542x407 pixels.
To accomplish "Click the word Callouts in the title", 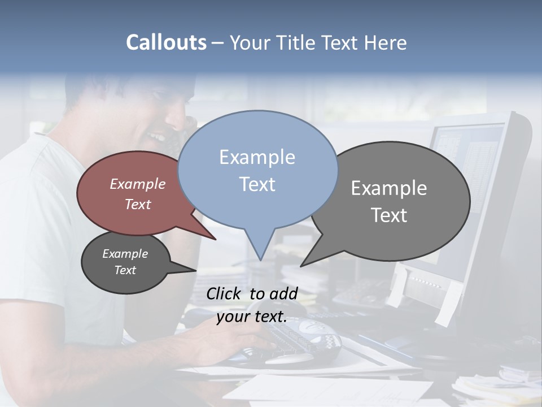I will [x=166, y=42].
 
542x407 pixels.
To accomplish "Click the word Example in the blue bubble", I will [x=257, y=157].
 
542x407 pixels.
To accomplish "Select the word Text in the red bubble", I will [x=138, y=205].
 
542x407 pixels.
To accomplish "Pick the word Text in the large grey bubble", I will [x=390, y=215].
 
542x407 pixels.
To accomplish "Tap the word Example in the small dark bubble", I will [x=125, y=254].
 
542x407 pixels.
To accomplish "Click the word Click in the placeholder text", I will [x=224, y=293].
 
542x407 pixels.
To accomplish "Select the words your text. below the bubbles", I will [x=251, y=317].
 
